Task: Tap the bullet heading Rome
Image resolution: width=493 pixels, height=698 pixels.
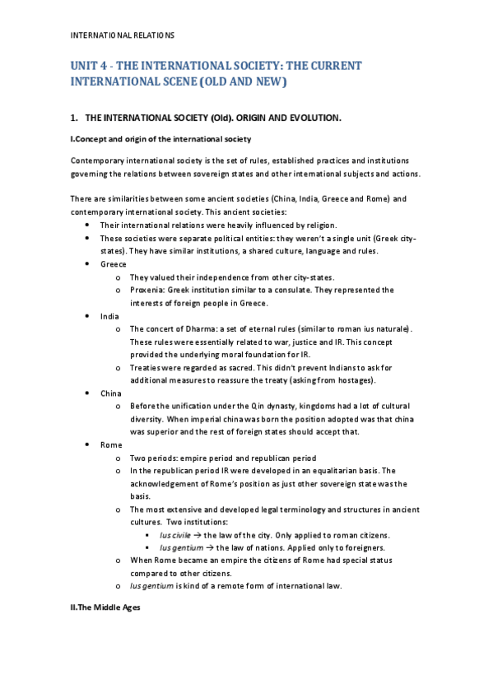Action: point(111,444)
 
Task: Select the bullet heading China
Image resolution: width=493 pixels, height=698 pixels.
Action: point(111,393)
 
